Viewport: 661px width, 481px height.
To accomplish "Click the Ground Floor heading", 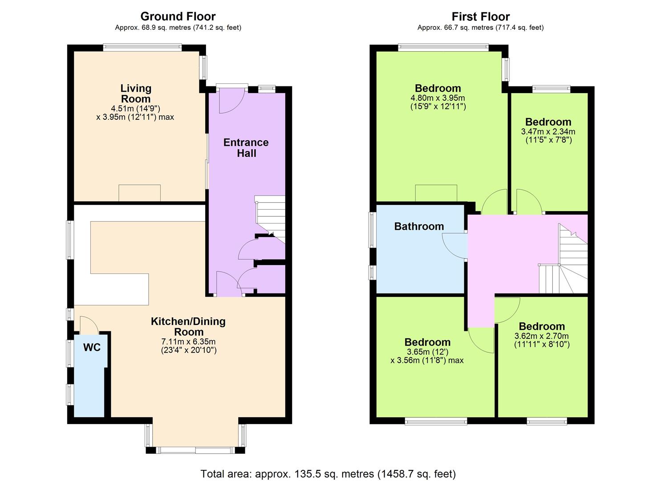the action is pos(178,16).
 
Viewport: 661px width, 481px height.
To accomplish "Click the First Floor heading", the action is pos(481,16).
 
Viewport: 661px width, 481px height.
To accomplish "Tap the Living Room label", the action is pos(136,94).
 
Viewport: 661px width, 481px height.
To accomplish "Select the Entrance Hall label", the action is pos(246,147).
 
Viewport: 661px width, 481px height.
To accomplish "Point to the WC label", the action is pos(92,347).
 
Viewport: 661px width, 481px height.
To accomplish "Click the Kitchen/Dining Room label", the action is pos(188,326).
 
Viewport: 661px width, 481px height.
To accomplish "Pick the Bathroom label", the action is pos(419,227).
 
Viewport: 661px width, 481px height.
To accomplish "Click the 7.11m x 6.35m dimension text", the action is pos(188,342).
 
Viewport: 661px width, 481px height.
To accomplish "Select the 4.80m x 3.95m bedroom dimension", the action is pos(438,98).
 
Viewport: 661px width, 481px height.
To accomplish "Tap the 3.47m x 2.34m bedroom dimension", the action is pos(548,131).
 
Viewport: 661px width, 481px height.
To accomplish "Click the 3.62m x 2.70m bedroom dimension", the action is pos(542,336).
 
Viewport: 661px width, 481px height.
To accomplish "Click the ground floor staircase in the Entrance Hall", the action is pos(270,219).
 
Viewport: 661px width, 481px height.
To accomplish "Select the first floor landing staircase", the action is pos(563,259).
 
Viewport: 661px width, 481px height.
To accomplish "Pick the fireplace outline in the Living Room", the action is pos(140,193).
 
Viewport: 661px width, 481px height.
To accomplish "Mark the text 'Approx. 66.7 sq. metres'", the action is pos(455,28).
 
